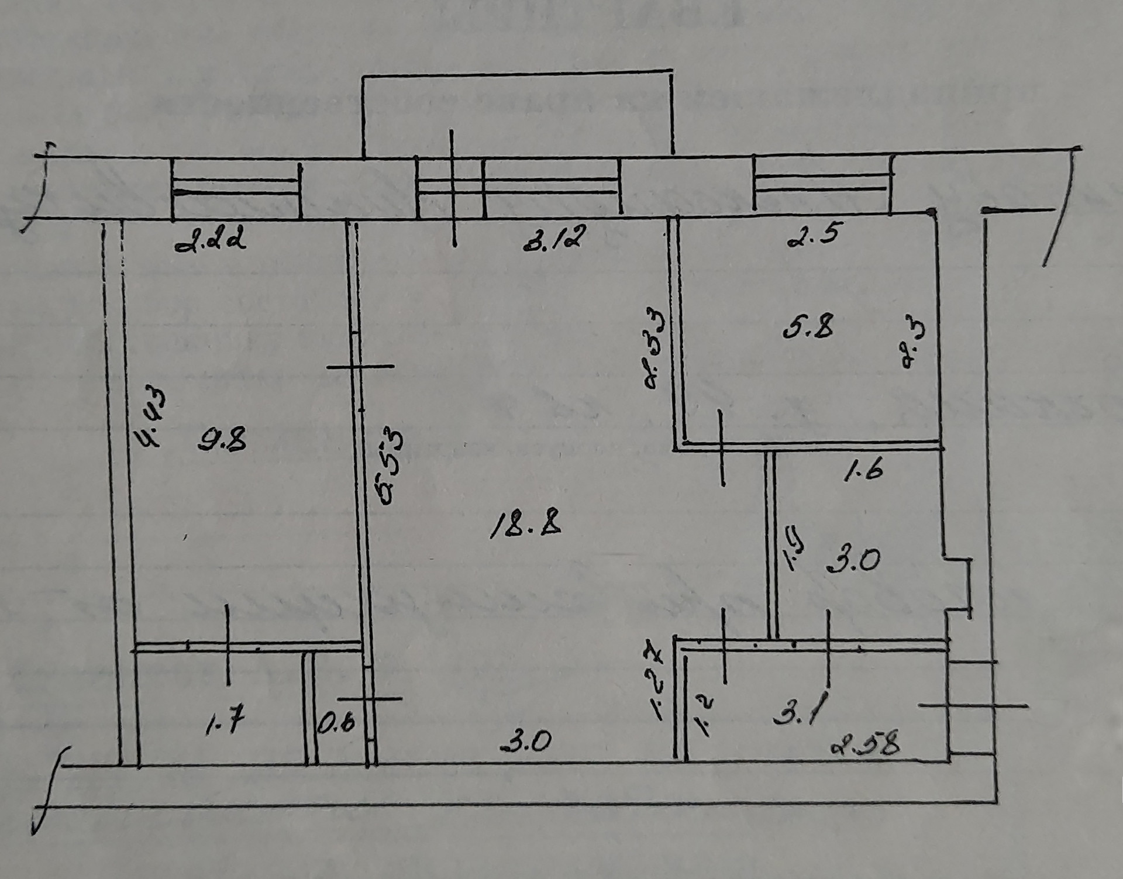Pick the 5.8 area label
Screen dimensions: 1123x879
808,328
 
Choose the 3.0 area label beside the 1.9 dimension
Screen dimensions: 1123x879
854,561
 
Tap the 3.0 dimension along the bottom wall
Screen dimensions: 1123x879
526,743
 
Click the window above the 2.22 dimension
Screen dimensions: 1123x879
236,188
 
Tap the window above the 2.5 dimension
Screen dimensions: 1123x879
822,183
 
